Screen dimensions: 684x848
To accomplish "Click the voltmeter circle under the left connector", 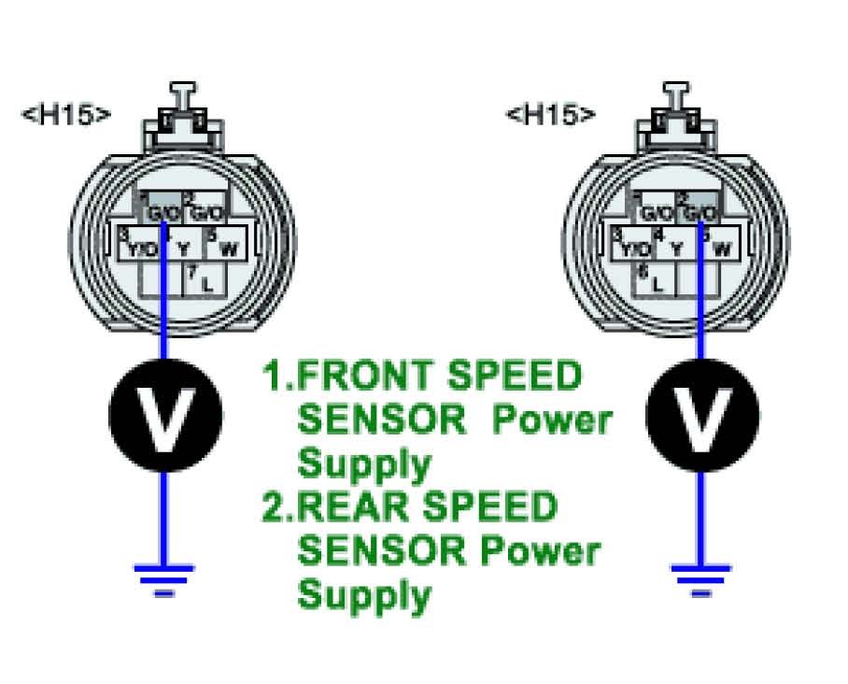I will point(165,415).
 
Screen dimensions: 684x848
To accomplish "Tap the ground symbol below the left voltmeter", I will point(165,576).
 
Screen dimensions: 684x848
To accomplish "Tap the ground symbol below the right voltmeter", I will point(700,576).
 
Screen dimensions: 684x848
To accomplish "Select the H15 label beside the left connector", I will point(66,115).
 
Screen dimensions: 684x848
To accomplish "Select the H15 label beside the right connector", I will point(551,115).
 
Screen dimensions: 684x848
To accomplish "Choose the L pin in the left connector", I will point(201,279).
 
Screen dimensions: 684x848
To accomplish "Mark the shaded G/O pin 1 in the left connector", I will point(163,209).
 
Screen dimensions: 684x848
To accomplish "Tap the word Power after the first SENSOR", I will point(552,420).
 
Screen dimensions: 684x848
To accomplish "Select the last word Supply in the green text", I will point(364,594).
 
